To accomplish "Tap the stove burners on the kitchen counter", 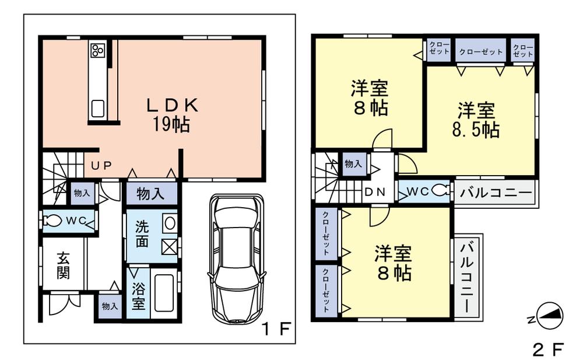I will coord(97,51).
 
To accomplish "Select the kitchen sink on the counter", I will coord(97,109).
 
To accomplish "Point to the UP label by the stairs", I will coord(100,166).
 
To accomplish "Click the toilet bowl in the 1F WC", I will coord(54,221).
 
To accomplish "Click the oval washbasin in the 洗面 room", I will coord(169,223).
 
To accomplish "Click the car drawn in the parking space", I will coord(236,258).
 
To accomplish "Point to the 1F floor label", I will coord(275,330).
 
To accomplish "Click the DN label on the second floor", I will coord(374,192).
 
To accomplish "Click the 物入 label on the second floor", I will coord(353,165).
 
